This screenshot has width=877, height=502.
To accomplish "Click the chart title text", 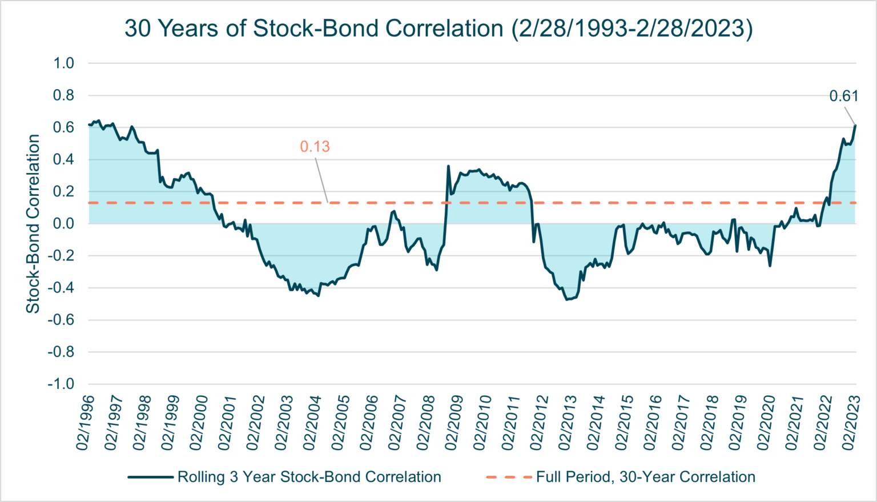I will (x=438, y=28).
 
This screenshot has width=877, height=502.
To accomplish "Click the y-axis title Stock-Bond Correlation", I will (x=33, y=223).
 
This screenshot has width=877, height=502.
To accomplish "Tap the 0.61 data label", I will (x=843, y=96).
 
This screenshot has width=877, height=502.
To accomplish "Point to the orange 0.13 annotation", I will (x=315, y=147).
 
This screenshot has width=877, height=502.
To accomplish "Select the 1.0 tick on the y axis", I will (x=63, y=63).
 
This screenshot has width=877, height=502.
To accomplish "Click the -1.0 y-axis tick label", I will (x=62, y=384).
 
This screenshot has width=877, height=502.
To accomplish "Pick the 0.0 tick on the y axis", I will (x=63, y=224).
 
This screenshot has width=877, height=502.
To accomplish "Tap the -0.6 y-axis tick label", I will (x=62, y=320).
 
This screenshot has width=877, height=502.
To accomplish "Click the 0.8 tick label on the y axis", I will (x=63, y=95).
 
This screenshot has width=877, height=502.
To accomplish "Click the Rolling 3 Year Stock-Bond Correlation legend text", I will (x=309, y=477).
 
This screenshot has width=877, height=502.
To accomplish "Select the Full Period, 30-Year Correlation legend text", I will (x=645, y=477).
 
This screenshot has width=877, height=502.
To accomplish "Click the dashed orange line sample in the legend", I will (x=508, y=477).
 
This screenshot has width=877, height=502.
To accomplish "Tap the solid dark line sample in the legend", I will (x=150, y=477).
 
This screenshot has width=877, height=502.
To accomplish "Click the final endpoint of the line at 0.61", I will (x=855, y=125).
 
